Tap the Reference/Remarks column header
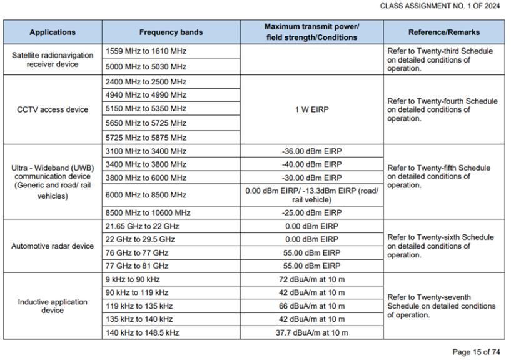coord(443,32)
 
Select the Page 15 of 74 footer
coord(477,352)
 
